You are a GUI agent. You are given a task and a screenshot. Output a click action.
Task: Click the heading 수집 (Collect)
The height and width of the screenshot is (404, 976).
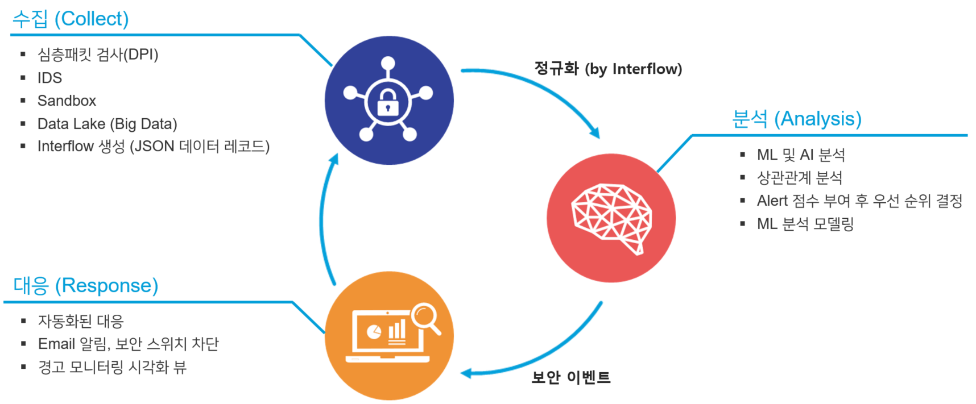tap(71, 19)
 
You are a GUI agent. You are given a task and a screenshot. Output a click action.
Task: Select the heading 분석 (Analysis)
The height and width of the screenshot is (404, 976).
tap(796, 119)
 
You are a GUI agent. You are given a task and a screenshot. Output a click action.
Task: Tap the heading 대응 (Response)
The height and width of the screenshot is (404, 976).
tap(85, 285)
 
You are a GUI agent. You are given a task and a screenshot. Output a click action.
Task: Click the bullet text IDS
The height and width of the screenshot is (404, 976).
tap(49, 78)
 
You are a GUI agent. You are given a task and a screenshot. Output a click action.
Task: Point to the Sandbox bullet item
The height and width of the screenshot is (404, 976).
tap(67, 101)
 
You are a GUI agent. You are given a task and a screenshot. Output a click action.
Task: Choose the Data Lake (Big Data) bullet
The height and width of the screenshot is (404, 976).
tap(107, 124)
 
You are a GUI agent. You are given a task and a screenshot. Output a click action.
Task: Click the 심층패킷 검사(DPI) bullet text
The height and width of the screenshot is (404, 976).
tap(98, 55)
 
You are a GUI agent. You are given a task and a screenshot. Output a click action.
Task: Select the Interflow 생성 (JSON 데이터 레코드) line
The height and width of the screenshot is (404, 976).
tap(153, 147)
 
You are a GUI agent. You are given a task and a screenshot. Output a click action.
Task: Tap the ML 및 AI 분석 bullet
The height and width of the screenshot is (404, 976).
tap(800, 155)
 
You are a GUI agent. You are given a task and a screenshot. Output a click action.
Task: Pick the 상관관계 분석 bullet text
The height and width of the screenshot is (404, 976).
tap(799, 178)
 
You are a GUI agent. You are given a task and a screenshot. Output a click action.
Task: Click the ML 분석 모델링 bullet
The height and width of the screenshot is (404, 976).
tap(805, 224)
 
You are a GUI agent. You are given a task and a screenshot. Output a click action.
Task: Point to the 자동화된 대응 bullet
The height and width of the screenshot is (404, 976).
tap(81, 321)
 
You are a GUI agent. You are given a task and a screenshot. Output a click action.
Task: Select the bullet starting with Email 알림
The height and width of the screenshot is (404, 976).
tap(128, 344)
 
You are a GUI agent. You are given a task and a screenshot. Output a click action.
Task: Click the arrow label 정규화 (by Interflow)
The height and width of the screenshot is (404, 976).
tap(607, 69)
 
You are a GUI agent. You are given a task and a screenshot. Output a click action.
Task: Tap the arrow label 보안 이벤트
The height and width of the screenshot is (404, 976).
tap(570, 377)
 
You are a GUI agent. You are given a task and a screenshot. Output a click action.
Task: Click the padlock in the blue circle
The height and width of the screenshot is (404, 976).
tap(388, 102)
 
